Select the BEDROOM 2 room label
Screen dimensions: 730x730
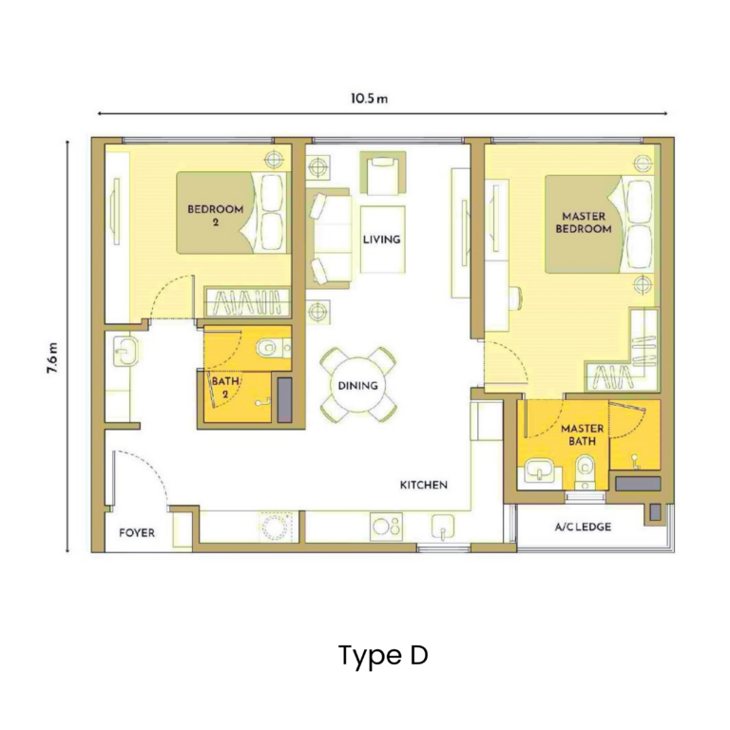point(215,215)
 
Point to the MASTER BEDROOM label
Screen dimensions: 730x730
point(583,222)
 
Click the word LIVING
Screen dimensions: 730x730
point(381,240)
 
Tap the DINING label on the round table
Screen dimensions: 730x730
point(357,386)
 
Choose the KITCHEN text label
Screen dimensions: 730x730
point(423,485)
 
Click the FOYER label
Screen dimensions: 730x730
point(136,533)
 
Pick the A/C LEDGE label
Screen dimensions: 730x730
point(583,527)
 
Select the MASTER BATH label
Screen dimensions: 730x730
point(582,435)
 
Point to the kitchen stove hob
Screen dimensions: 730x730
point(386,525)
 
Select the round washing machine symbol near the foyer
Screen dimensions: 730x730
point(277,526)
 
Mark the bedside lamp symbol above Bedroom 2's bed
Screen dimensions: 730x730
point(274,159)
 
